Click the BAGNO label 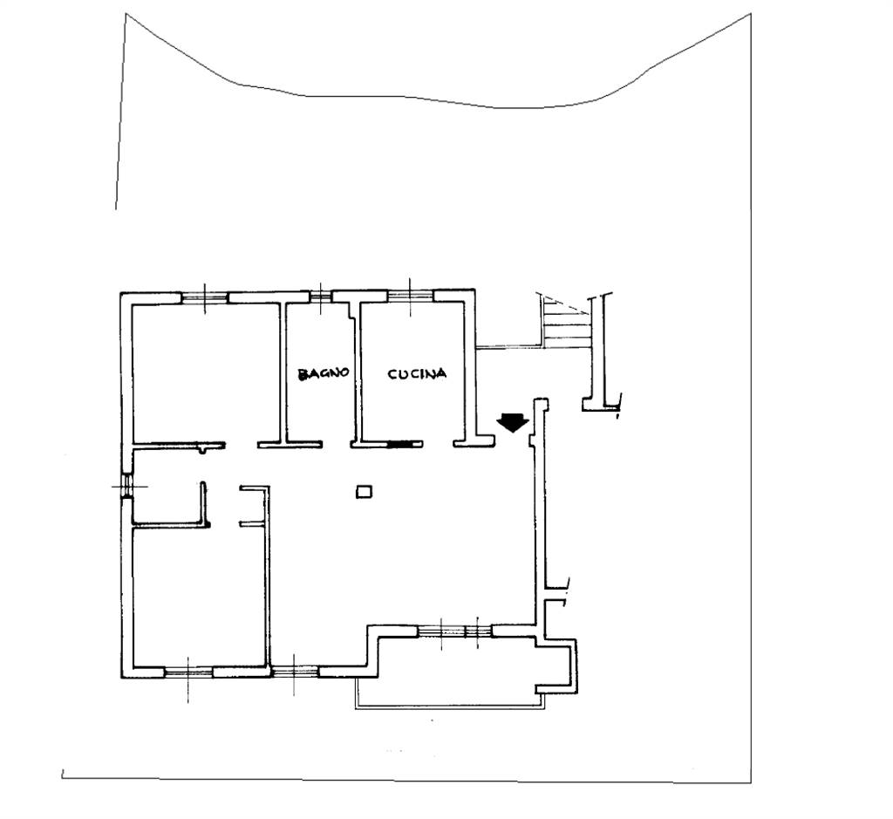[x=323, y=373]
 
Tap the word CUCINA [x=417, y=374]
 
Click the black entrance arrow [x=513, y=423]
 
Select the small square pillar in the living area [x=364, y=492]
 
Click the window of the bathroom [x=321, y=296]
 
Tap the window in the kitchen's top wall [x=411, y=296]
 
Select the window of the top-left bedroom [x=204, y=297]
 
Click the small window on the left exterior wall [x=127, y=487]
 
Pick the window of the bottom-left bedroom [x=188, y=672]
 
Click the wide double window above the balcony [x=454, y=631]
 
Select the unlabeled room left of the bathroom [x=206, y=372]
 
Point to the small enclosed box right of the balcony [x=556, y=665]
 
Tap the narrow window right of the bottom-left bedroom [x=294, y=672]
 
